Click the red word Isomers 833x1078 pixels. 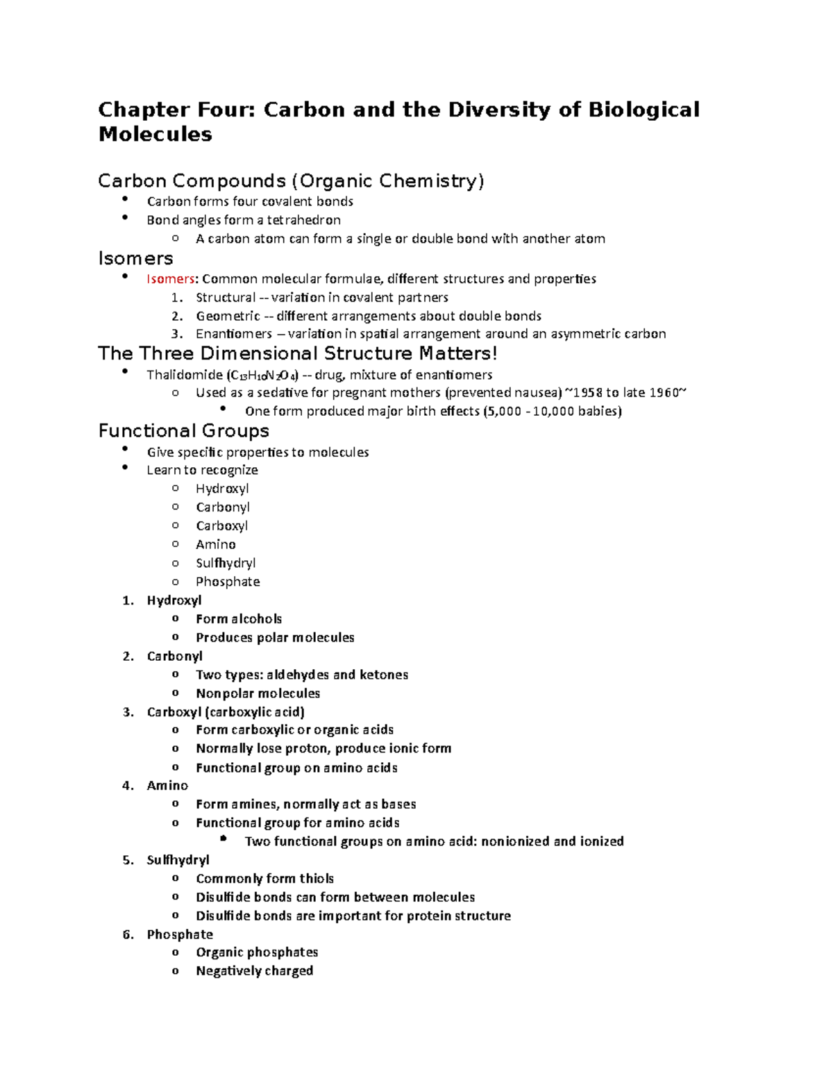point(170,279)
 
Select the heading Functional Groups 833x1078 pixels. point(183,431)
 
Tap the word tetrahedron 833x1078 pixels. point(304,220)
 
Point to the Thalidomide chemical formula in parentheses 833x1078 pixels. point(262,376)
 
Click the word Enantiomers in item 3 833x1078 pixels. point(234,334)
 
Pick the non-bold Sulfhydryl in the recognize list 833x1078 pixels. point(226,563)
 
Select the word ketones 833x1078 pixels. point(384,675)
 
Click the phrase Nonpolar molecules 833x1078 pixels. point(258,693)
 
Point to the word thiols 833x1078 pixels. point(317,879)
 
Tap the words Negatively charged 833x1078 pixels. point(254,971)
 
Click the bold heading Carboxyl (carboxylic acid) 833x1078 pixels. point(226,712)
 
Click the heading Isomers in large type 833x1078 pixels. point(135,259)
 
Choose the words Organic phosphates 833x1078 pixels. point(257,952)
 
